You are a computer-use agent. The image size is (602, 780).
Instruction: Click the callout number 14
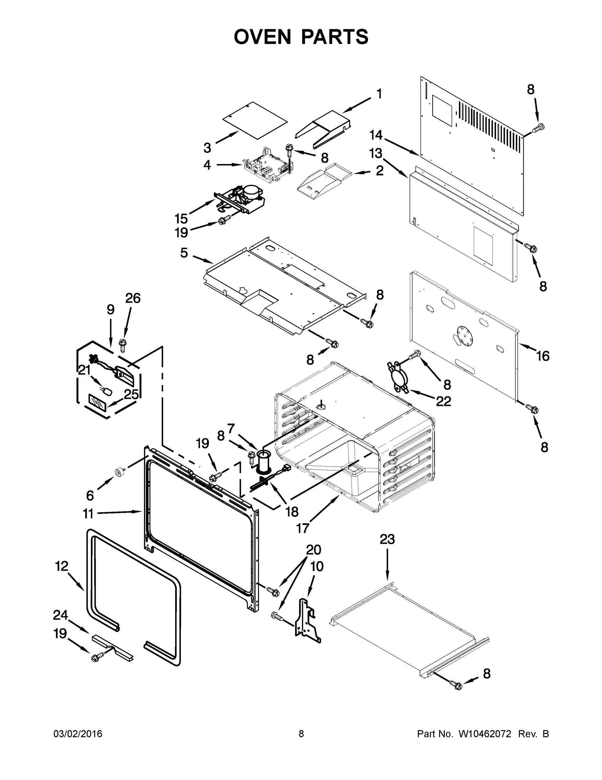(x=376, y=135)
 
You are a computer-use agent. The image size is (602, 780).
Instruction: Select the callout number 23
(x=387, y=539)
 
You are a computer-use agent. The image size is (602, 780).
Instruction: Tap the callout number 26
(x=133, y=298)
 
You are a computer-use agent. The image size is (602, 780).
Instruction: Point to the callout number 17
(x=303, y=528)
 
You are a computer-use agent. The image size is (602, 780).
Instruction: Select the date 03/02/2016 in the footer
(x=78, y=734)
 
